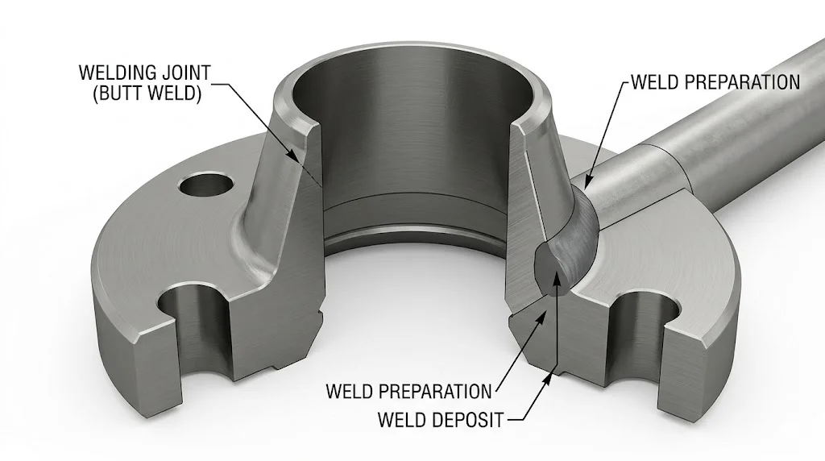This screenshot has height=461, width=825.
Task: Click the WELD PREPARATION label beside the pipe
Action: [x=715, y=82]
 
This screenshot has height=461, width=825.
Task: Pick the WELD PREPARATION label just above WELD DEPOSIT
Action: [x=408, y=392]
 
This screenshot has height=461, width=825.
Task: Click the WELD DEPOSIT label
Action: [x=440, y=420]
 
